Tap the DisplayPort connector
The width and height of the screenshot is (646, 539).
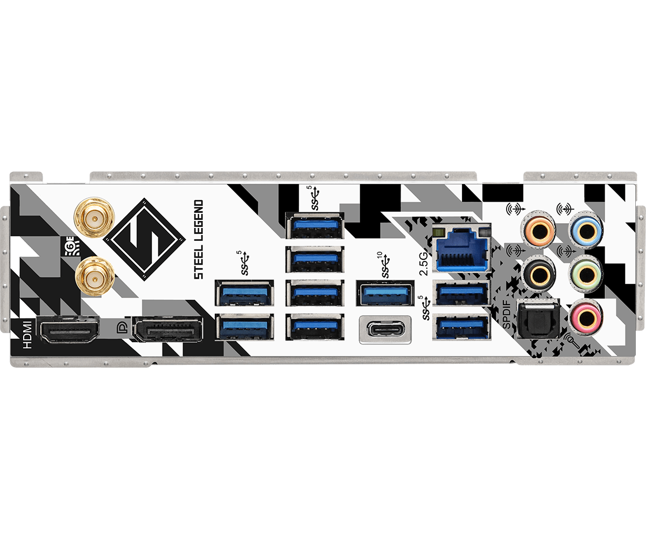pyautogui.click(x=168, y=330)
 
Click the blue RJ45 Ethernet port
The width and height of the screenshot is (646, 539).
pyautogui.click(x=462, y=251)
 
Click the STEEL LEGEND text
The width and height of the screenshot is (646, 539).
pyautogui.click(x=199, y=239)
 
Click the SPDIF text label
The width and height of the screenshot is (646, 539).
pyautogui.click(x=507, y=319)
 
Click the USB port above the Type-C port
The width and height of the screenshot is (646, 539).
pyautogui.click(x=384, y=293)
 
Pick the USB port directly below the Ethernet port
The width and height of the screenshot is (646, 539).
pyautogui.click(x=462, y=293)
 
